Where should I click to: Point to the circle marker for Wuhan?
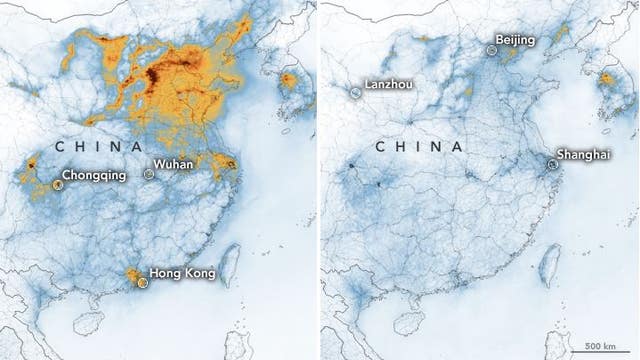pos(149,173)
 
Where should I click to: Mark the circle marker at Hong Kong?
pos(142,282)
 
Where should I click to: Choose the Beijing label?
pos(514,40)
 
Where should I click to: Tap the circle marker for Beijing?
pos(491,48)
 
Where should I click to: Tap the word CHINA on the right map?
pos(418,146)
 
